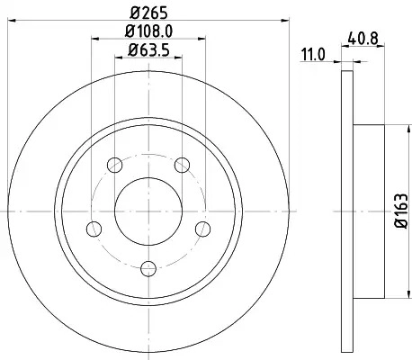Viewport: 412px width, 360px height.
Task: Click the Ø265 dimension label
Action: tap(148, 13)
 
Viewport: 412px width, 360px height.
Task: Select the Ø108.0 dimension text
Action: tap(148, 31)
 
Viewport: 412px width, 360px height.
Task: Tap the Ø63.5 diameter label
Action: tap(148, 49)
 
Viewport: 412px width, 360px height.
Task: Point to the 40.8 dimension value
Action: tap(363, 39)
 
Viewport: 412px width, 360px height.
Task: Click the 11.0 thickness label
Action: tap(313, 55)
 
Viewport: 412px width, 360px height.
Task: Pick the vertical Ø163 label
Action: tap(401, 211)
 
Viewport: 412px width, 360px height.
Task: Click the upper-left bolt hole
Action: tap(115, 165)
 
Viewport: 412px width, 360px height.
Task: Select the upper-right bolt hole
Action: tap(182, 165)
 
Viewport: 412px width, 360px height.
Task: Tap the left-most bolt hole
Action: tap(94, 229)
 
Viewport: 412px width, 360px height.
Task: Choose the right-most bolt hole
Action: tap(202, 229)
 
